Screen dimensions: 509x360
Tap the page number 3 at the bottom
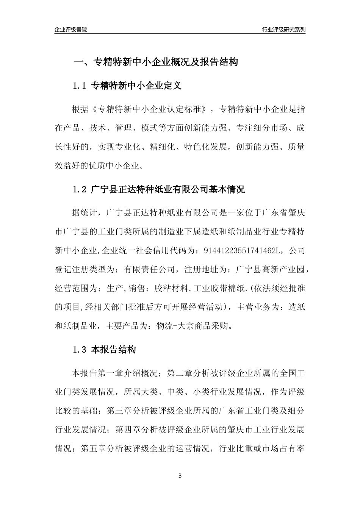pos(180,476)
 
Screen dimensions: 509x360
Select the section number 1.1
pos(80,86)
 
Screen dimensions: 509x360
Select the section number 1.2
pos(80,189)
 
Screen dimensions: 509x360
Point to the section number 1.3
pos(80,350)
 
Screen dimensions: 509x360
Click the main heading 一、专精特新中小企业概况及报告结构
pos(155,62)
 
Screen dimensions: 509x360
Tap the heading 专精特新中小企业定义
pos(136,86)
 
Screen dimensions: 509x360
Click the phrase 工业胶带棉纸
pos(219,289)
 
